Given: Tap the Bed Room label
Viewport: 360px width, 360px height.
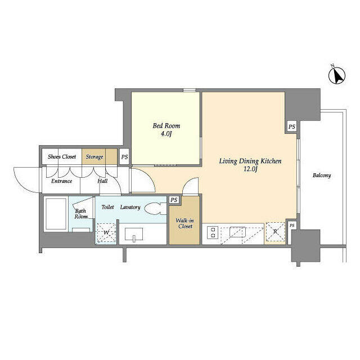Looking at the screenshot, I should [x=166, y=126].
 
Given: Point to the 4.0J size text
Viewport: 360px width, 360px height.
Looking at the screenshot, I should [x=166, y=135].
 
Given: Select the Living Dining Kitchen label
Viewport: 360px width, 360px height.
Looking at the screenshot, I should [x=250, y=161].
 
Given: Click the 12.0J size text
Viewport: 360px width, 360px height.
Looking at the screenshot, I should [x=250, y=170].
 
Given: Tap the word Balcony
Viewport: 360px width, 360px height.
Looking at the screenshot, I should [x=322, y=175].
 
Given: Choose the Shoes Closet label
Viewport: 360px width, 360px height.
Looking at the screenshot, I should [x=62, y=157].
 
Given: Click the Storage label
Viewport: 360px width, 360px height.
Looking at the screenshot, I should [x=94, y=157].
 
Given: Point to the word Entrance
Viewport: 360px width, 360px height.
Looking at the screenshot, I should [x=61, y=181].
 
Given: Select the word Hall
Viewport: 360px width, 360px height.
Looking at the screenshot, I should [x=102, y=181].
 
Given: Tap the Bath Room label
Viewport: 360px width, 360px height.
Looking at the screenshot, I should [x=81, y=214].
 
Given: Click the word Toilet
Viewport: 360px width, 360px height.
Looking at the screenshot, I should [x=107, y=207].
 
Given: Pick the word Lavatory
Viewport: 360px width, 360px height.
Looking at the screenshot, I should [x=130, y=207].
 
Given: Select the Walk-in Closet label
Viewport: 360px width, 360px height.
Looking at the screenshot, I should [x=184, y=223].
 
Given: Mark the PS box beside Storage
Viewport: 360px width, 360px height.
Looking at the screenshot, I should [x=124, y=157].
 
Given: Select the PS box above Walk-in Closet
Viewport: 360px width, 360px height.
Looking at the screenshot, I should [x=174, y=200].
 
